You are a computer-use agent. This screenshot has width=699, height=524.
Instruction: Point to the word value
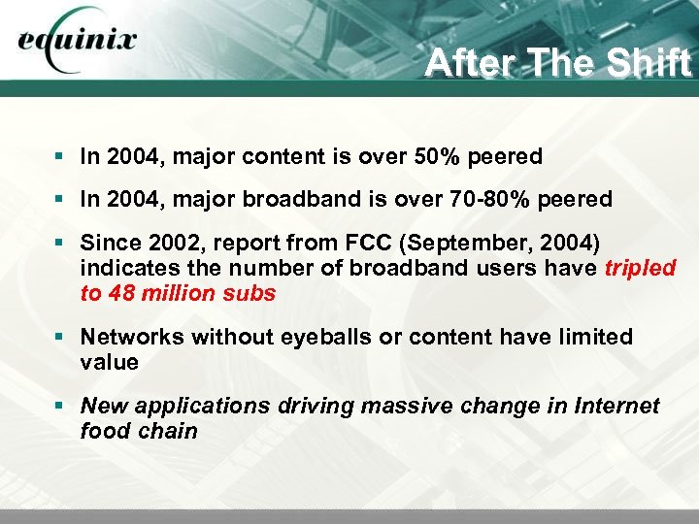coord(110,362)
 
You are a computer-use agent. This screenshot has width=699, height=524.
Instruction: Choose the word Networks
coord(131,337)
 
